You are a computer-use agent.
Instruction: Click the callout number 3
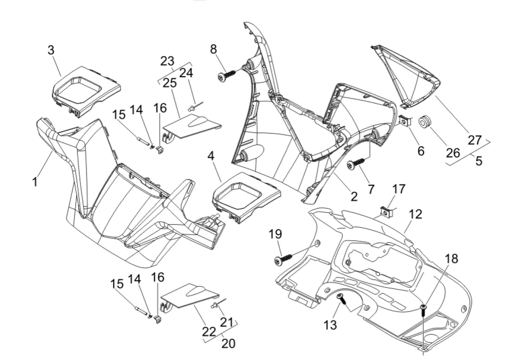pos(51,50)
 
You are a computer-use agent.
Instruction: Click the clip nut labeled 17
pos(386,211)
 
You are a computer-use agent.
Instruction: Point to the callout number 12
pos(416,214)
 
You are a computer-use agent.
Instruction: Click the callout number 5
pos(479,162)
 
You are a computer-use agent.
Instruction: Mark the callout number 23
pos(167,61)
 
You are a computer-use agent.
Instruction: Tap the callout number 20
pos(228,343)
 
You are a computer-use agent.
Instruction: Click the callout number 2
pos(354,196)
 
